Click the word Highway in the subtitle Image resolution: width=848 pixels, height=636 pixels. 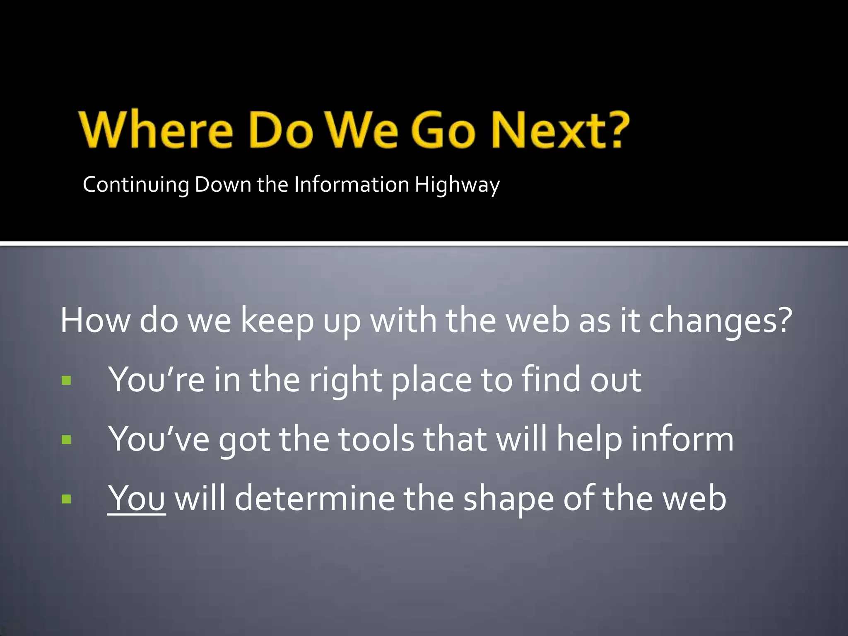tap(457, 185)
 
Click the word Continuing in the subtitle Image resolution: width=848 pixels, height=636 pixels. tap(136, 185)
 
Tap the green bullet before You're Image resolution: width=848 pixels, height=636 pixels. tap(66, 380)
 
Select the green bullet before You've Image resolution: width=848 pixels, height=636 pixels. tap(66, 439)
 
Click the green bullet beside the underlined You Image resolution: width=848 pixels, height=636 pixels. tap(66, 499)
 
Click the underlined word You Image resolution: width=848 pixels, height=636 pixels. tap(137, 498)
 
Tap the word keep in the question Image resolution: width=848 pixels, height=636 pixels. tap(277, 321)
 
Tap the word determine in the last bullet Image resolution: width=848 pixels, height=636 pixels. tap(315, 498)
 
